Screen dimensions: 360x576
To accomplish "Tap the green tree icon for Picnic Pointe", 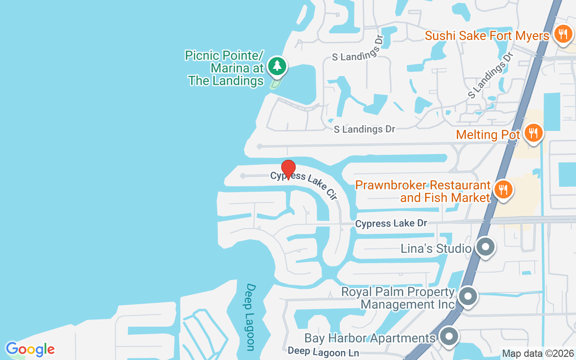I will pyautogui.click(x=277, y=66).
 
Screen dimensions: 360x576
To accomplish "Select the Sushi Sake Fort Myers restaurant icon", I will pyautogui.click(x=562, y=34).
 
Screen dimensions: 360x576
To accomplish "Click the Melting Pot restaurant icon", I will pyautogui.click(x=533, y=133).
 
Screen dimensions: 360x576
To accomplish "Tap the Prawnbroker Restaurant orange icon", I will pyautogui.click(x=503, y=190).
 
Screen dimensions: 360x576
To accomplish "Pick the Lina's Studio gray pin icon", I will pyautogui.click(x=485, y=247).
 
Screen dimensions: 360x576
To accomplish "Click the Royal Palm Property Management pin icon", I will pyautogui.click(x=468, y=297).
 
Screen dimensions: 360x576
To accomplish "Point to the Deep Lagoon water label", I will pyautogui.click(x=250, y=317).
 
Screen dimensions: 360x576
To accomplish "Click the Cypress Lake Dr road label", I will pyautogui.click(x=391, y=223).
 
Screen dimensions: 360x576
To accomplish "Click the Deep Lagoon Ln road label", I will pyautogui.click(x=323, y=351).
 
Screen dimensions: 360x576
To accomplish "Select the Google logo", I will pyautogui.click(x=30, y=349).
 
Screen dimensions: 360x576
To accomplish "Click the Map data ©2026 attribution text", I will pyautogui.click(x=538, y=353).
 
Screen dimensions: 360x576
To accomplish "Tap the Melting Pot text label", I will pyautogui.click(x=488, y=135).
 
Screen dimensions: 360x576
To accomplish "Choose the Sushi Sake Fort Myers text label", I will pyautogui.click(x=487, y=36).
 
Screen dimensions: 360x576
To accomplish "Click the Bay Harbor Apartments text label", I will pyautogui.click(x=370, y=338).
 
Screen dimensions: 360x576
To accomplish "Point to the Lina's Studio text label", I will pyautogui.click(x=436, y=248).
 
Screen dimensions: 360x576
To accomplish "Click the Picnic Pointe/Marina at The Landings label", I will pyautogui.click(x=225, y=68).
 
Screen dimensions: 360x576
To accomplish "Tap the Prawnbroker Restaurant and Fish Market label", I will pyautogui.click(x=423, y=191).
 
